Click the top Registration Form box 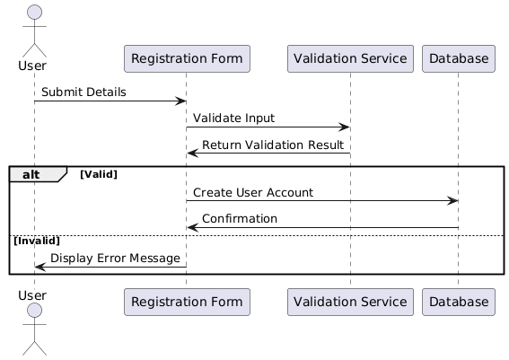[187, 58]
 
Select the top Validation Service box [350, 58]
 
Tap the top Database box [459, 58]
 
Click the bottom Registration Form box [187, 302]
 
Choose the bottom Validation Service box [350, 302]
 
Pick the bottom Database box [459, 302]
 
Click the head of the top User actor [34, 13]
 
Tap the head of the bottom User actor [34, 311]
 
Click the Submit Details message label [83, 92]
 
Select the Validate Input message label [233, 119]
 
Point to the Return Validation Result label [273, 145]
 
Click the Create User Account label [253, 192]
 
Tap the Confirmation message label [240, 219]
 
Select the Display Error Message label [115, 259]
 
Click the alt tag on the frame [31, 175]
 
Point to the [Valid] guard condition [99, 174]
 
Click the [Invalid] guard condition [37, 241]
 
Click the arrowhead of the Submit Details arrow [180, 101]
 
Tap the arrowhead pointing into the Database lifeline [452, 200]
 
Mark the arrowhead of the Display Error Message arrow [40, 268]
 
